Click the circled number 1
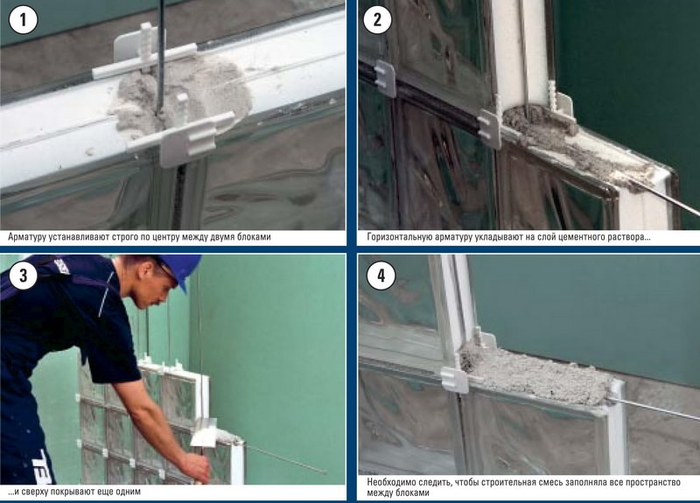24,20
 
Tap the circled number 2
378,20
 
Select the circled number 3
24,276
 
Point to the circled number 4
381,276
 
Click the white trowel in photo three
204,433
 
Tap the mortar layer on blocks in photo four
535,374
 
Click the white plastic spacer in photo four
454,380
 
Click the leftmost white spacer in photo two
385,79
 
